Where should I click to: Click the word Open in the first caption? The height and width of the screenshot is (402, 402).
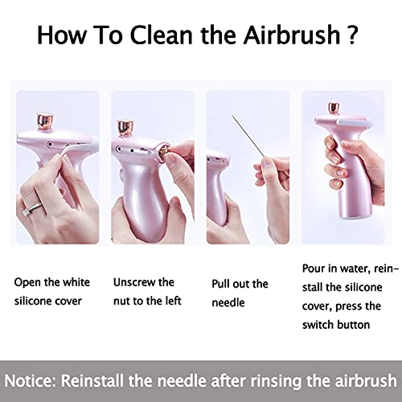[28, 282]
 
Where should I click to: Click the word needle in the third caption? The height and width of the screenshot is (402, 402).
[229, 301]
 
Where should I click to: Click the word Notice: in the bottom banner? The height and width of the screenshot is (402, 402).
[37, 379]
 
